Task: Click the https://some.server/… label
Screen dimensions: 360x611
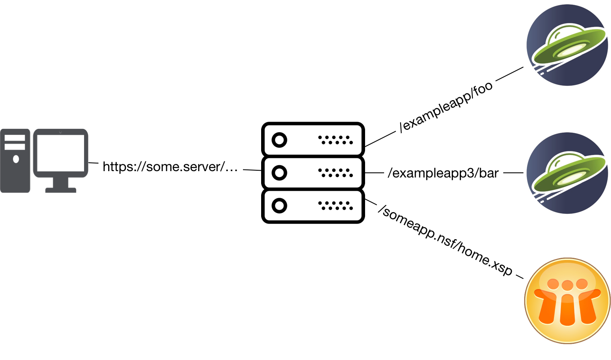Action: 170,166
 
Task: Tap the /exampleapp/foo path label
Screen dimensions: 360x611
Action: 446,106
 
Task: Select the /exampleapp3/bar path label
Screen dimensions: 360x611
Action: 443,173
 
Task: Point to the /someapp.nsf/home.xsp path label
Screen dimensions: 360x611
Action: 447,240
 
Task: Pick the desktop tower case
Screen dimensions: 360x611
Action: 15,161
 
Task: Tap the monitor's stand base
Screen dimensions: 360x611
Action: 61,190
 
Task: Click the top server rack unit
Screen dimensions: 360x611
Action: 313,139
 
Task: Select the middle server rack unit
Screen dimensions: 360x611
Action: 313,172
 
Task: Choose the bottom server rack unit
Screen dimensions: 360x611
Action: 313,206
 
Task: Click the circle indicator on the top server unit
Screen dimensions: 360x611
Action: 279,140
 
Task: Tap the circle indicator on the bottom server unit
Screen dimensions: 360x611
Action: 279,206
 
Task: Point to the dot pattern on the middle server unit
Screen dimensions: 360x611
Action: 335,172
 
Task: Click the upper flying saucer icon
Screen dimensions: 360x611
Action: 567,45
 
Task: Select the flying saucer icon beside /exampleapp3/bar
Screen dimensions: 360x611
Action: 567,173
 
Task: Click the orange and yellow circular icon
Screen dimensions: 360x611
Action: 567,300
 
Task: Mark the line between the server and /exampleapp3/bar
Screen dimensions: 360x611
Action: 374,173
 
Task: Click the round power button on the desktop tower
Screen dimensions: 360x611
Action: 16,159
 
